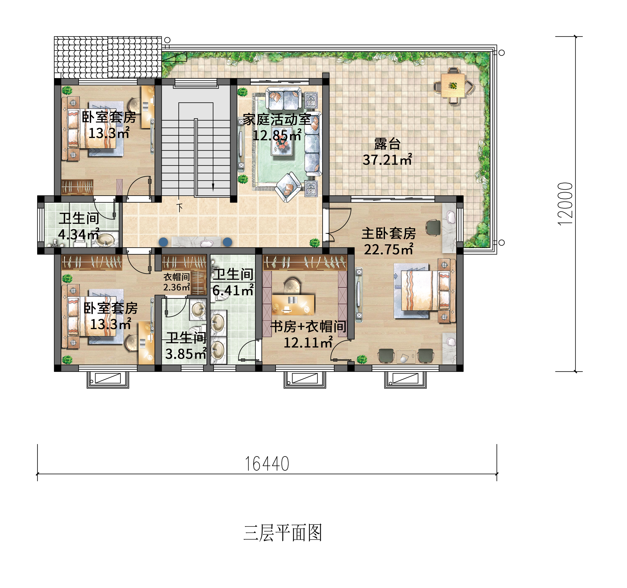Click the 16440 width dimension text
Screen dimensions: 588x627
pos(267,464)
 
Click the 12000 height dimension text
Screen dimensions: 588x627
pos(565,204)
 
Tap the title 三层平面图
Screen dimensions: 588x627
pos(282,533)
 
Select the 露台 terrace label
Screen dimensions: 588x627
pos(387,144)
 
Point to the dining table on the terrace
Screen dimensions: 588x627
pos(453,85)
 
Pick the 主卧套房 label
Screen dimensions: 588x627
pos(389,234)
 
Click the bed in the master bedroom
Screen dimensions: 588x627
pos(419,290)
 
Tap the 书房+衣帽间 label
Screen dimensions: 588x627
pos(308,327)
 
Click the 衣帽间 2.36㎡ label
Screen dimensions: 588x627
pos(177,282)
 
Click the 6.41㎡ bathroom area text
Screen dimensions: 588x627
pos(233,290)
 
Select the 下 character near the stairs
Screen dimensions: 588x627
pos(180,208)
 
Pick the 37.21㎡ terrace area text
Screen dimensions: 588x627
pos(387,160)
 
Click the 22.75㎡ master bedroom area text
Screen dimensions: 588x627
pos(389,250)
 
